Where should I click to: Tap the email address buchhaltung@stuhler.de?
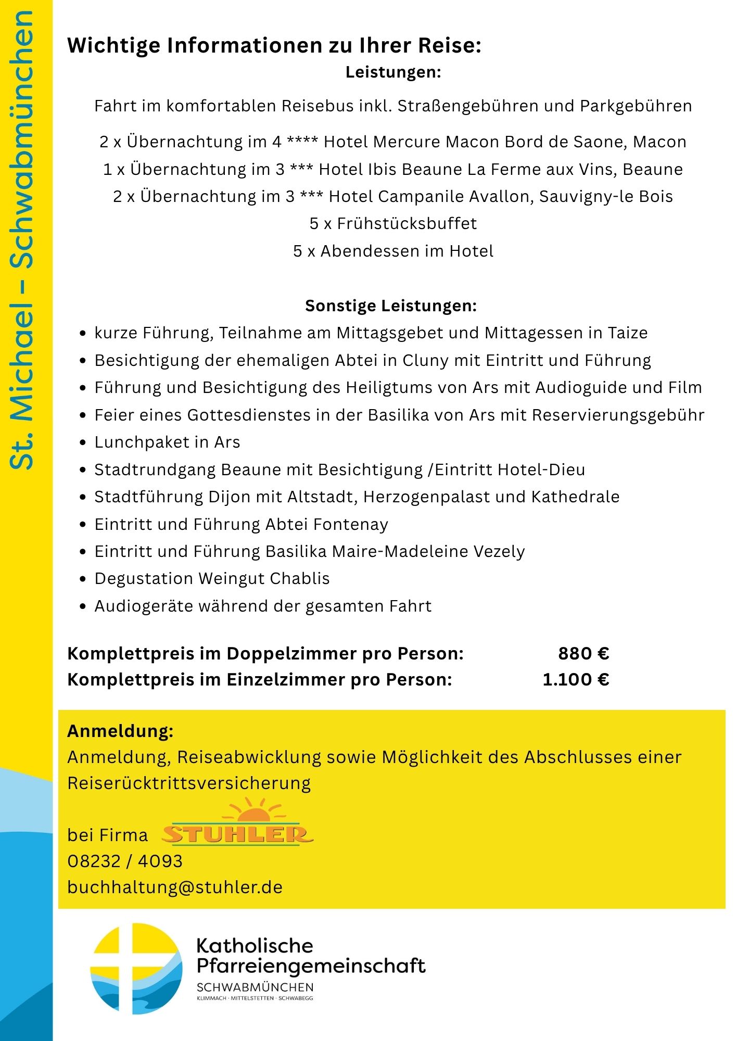[x=175, y=887]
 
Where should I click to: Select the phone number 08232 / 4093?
[x=125, y=861]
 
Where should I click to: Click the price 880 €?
[x=583, y=653]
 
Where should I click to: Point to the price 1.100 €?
[x=576, y=679]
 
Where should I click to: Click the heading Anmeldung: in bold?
[x=120, y=731]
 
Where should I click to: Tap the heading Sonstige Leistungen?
[x=391, y=306]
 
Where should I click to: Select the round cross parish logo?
[x=136, y=969]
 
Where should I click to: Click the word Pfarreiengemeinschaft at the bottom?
[x=311, y=966]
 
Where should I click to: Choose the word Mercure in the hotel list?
[x=404, y=142]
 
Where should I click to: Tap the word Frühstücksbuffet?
[x=407, y=223]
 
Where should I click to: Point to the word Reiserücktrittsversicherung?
[x=189, y=783]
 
